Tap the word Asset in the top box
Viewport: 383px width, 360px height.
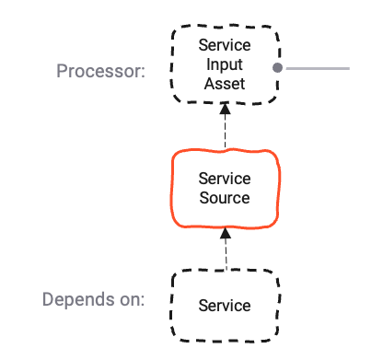click(225, 84)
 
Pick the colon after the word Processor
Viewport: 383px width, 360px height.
click(143, 72)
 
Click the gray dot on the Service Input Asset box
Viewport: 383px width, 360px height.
click(276, 68)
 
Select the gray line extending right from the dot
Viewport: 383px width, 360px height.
click(318, 68)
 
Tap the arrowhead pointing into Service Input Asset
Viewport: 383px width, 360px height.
click(225, 109)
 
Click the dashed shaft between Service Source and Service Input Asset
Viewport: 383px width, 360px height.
click(225, 131)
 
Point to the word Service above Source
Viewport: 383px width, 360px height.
click(225, 179)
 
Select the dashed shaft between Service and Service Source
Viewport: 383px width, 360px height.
click(225, 253)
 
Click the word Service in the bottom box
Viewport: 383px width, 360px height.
click(225, 305)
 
